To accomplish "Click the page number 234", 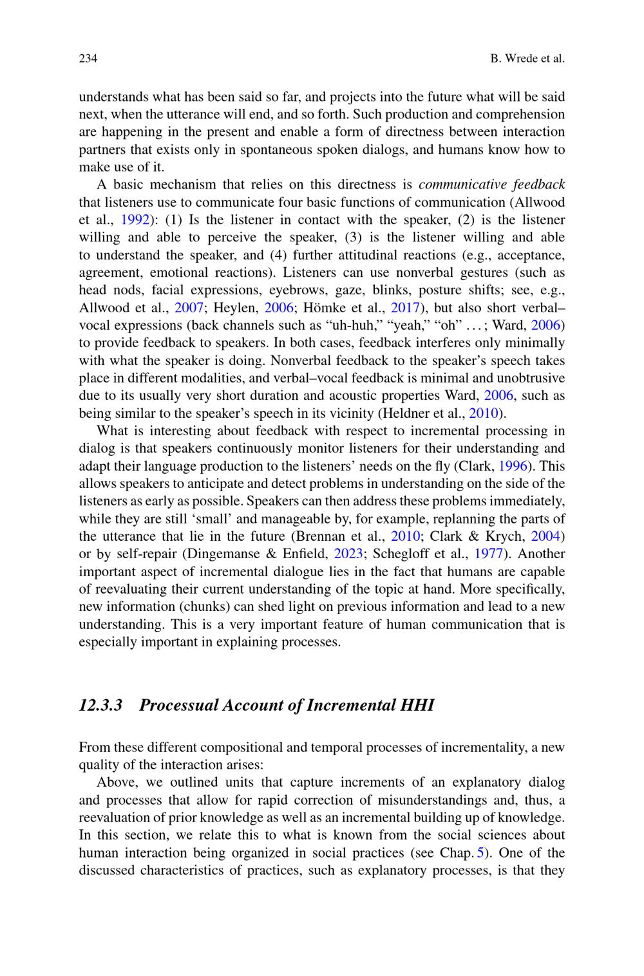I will [x=88, y=59].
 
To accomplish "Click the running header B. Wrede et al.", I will [x=527, y=59].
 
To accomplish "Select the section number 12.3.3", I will [x=100, y=705].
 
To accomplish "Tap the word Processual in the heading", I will [x=178, y=705].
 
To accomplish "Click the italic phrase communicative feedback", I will [x=491, y=185].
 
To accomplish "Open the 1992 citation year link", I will [x=135, y=220].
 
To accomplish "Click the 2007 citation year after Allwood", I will [x=190, y=308].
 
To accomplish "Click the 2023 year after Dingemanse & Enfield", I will [x=348, y=554].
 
